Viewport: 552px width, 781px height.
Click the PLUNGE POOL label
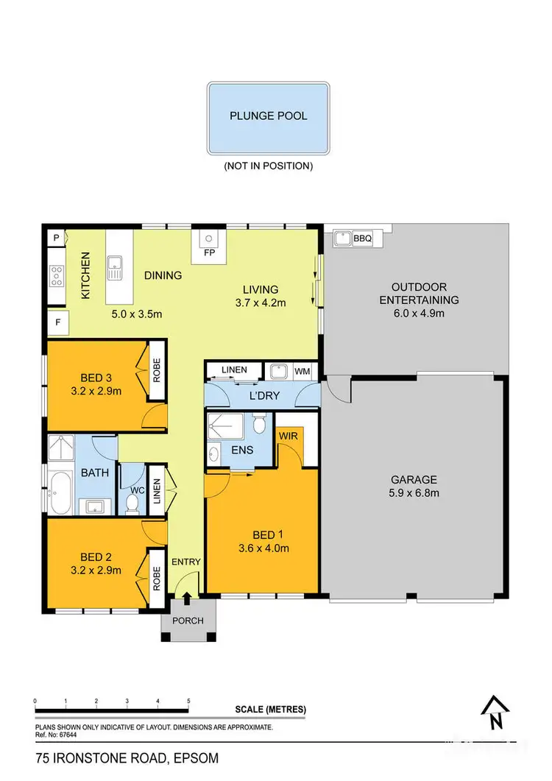[x=268, y=116]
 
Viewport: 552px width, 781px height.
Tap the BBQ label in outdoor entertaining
[x=363, y=238]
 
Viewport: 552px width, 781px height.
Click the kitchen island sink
[x=115, y=266]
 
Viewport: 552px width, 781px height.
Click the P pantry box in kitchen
[x=56, y=238]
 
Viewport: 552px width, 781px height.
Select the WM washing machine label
[x=302, y=371]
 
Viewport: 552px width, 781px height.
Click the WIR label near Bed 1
[x=287, y=436]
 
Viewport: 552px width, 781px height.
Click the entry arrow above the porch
[x=187, y=598]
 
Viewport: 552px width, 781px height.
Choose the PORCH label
[x=188, y=621]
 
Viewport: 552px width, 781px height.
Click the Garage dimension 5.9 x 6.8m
[x=414, y=492]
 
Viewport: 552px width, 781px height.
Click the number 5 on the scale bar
[x=189, y=701]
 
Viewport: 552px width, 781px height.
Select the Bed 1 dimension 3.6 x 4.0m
[x=262, y=548]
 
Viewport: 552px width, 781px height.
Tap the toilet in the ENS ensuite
[x=258, y=426]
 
